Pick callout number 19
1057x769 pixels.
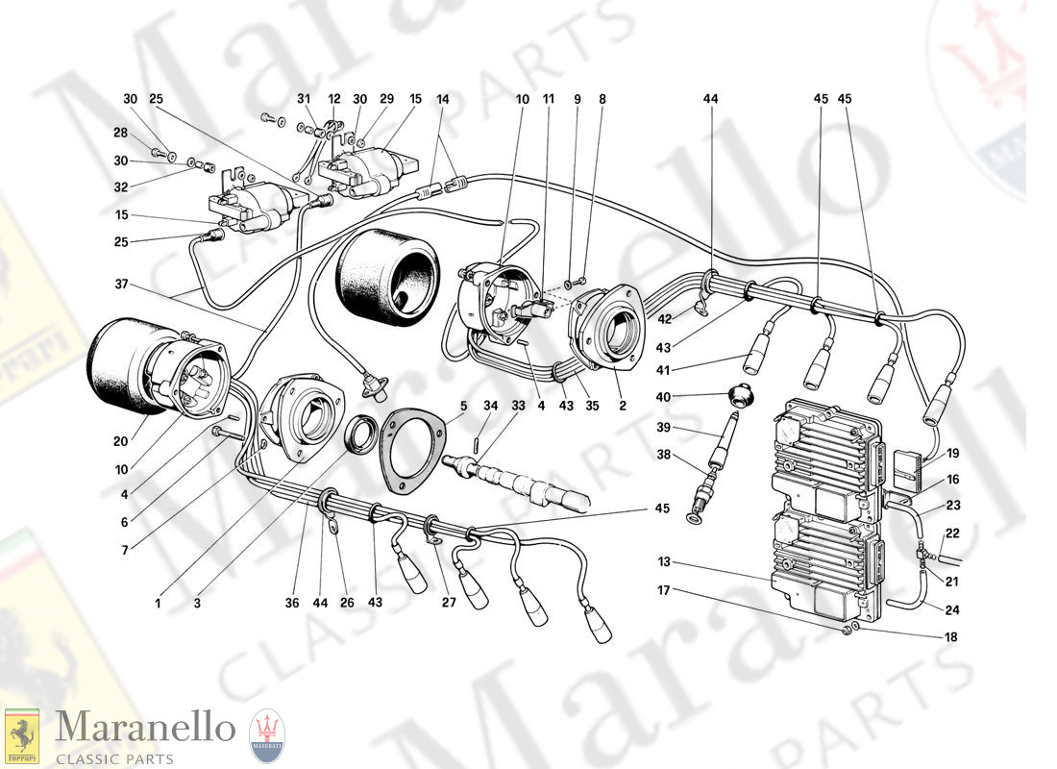click(952, 452)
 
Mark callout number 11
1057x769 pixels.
click(549, 98)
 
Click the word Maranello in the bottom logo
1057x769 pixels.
click(144, 729)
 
